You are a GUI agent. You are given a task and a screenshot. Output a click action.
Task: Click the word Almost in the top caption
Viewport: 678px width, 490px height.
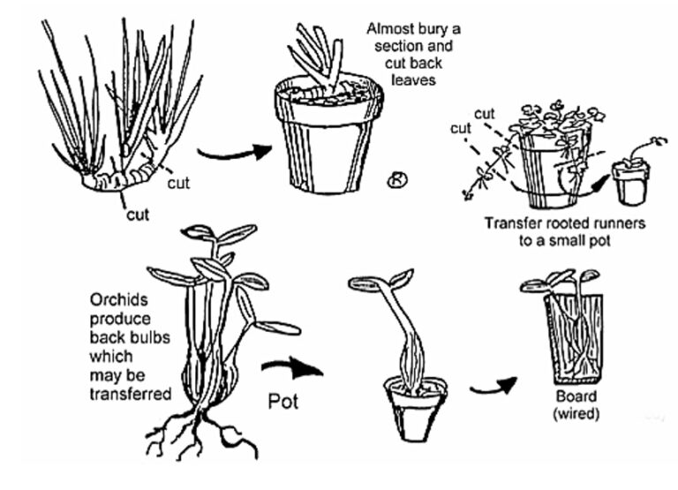point(390,27)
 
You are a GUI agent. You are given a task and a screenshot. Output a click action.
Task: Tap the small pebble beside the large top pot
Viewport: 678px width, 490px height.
point(395,181)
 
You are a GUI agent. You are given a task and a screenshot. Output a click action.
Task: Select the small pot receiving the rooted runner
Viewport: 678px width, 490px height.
point(630,185)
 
